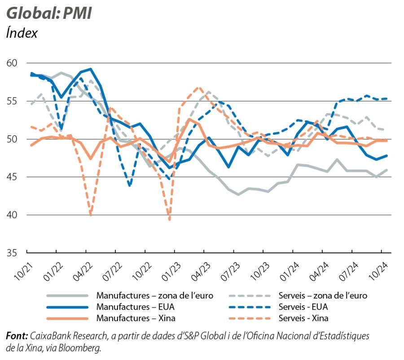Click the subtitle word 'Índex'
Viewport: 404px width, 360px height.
coord(22,33)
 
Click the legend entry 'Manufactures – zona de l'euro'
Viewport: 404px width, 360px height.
coord(154,295)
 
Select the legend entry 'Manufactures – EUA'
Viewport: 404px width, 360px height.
coord(135,307)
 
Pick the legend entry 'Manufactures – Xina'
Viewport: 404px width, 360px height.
coord(136,318)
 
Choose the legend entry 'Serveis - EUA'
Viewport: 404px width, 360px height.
coord(303,307)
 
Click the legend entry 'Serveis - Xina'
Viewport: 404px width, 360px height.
coord(303,318)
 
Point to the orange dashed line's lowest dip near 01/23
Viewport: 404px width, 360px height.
coord(170,220)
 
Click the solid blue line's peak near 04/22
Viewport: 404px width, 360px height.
coord(91,69)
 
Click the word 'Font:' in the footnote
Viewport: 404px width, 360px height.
coord(17,336)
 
